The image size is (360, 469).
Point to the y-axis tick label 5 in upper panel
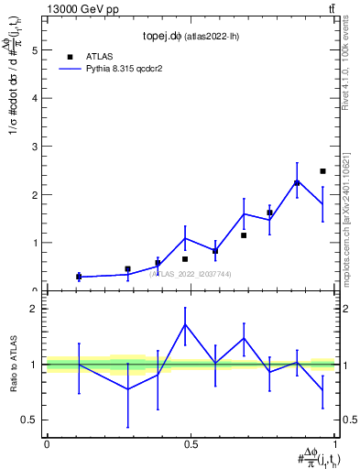[34, 51]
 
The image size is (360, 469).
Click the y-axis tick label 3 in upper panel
[34, 147]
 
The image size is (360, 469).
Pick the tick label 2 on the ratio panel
[34, 309]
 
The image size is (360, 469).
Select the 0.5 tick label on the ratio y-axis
[29, 420]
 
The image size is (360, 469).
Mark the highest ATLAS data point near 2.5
[322, 171]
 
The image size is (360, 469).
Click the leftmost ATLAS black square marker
[79, 276]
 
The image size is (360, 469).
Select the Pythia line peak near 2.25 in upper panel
[297, 182]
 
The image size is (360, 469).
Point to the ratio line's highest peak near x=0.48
[185, 324]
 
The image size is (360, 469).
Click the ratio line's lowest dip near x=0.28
[127, 388]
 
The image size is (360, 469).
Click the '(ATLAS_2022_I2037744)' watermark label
[191, 273]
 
